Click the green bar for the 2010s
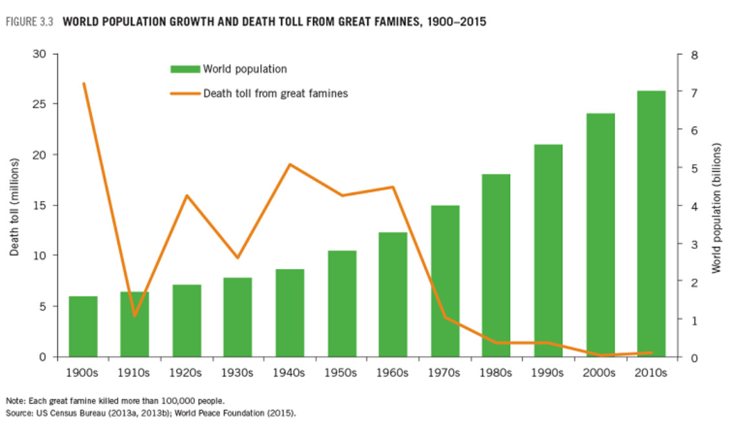(x=651, y=223)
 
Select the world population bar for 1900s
(x=83, y=326)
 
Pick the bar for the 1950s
(x=342, y=303)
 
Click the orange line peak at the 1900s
(x=84, y=83)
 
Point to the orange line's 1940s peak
(x=290, y=164)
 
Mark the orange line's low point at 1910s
(x=135, y=316)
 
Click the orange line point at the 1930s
(x=238, y=258)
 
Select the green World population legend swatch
(x=185, y=69)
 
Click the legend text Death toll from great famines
(x=276, y=94)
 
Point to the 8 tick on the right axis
(x=694, y=54)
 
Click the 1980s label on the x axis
(x=496, y=373)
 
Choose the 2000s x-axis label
(x=600, y=373)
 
